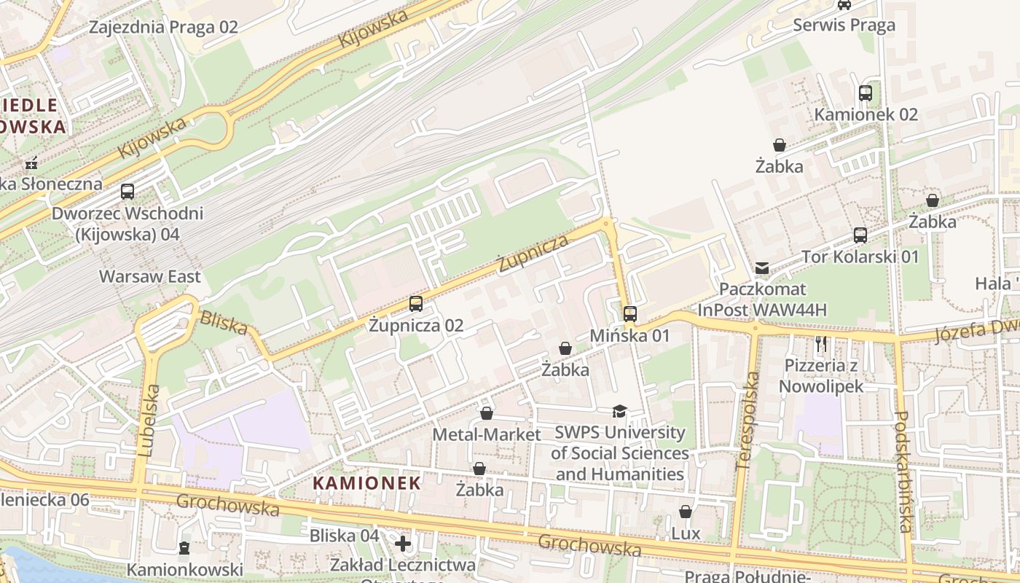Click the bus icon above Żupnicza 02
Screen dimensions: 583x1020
(x=416, y=304)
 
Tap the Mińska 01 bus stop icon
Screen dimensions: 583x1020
(x=630, y=314)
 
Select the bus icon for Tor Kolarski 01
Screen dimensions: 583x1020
(x=860, y=235)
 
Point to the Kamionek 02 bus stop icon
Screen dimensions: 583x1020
(x=866, y=93)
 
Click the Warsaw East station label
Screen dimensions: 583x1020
(x=149, y=277)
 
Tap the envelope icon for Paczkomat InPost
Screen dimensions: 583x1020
(x=762, y=268)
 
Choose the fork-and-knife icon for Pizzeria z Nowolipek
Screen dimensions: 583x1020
(x=821, y=343)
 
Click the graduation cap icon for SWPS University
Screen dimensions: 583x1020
(x=619, y=412)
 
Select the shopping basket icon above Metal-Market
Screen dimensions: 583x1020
(x=487, y=414)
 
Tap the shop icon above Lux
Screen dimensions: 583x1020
(x=686, y=512)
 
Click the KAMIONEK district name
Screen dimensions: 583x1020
(x=366, y=482)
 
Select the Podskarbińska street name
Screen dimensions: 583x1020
(x=903, y=472)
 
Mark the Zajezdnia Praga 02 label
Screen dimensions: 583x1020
(x=163, y=28)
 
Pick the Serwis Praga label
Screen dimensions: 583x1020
(x=844, y=26)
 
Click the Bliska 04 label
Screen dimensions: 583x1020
(x=344, y=536)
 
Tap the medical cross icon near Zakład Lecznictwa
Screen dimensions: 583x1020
(x=403, y=544)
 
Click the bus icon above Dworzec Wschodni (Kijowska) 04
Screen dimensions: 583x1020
(x=127, y=192)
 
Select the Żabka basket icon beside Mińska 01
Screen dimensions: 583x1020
(x=565, y=349)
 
